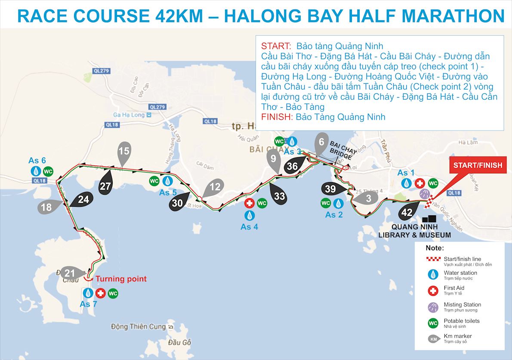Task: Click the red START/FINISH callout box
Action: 478,165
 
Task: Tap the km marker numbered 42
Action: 407,212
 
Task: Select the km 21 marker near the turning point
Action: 70,273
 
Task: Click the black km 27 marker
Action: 105,186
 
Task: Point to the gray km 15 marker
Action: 123,152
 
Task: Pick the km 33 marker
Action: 279,196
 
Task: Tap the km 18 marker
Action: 46,207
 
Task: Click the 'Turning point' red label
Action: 121,279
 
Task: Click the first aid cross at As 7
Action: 101,293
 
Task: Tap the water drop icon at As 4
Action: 249,214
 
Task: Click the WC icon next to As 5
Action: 154,181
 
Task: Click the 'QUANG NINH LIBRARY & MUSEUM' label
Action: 415,231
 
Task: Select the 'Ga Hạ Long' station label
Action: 129,115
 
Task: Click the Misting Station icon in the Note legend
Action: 433,307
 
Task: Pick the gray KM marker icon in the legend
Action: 433,339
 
